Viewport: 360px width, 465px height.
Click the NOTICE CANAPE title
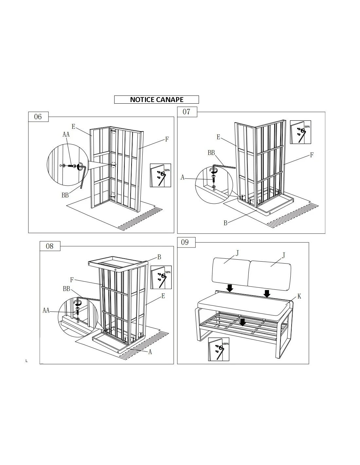[x=156, y=99]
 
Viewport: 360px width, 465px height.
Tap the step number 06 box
[x=38, y=117]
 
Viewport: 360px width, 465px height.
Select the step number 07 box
[x=187, y=112]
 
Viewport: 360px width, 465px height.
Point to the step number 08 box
[x=50, y=246]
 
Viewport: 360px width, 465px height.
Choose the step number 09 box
[x=186, y=242]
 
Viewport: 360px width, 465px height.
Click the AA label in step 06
[x=66, y=134]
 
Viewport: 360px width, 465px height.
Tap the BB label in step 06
[x=65, y=195]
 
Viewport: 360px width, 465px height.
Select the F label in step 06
[x=167, y=139]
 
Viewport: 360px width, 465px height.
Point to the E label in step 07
[x=218, y=137]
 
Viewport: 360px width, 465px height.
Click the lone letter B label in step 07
[x=225, y=223]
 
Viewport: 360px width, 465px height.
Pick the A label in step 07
[x=182, y=177]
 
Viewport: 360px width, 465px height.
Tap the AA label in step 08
[x=46, y=310]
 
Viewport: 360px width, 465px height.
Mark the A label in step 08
[x=150, y=352]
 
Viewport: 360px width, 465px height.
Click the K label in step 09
[x=299, y=296]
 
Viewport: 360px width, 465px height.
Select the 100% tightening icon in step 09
[x=219, y=349]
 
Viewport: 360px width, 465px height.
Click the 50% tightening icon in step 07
[x=300, y=132]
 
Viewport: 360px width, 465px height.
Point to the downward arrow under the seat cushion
[x=242, y=322]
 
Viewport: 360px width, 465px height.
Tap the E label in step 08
[x=163, y=296]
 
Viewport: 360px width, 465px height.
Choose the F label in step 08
[x=72, y=280]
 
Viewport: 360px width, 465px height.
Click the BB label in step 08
[x=66, y=289]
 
